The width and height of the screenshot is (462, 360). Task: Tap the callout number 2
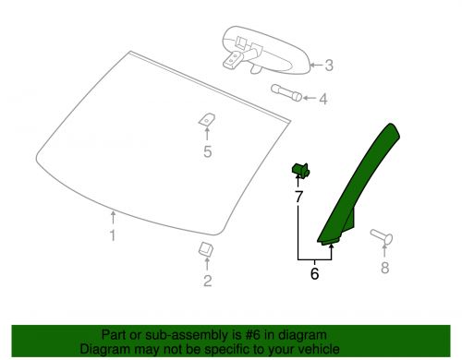point(207,281)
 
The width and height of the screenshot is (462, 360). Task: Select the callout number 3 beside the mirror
point(329,66)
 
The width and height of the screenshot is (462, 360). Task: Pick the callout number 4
point(322,97)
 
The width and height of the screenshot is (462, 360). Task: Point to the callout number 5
point(207,153)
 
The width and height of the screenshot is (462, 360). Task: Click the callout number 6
point(314,273)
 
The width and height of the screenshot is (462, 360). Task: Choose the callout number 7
point(298,198)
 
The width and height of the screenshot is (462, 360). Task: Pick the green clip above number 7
point(299,168)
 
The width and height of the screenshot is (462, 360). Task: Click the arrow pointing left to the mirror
point(314,66)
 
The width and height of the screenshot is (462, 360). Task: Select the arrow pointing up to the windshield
point(113,218)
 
